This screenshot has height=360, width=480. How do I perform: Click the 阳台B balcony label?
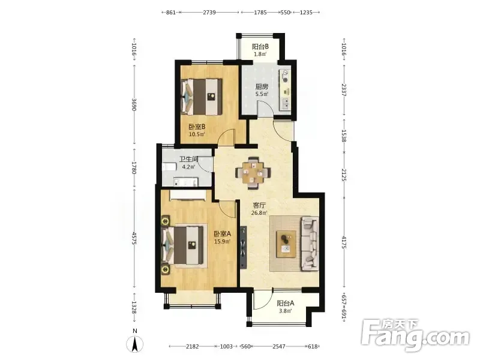pos(260,47)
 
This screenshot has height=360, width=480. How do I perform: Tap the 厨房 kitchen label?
pos(262,86)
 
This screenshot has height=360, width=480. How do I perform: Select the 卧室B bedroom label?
pos(197,127)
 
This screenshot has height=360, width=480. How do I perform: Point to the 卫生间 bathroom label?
pos(188,160)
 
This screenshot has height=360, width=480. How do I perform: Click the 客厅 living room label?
pos(259,205)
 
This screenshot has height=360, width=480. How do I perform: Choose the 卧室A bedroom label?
pos(222,234)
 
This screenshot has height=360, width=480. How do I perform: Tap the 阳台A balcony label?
pos(286,304)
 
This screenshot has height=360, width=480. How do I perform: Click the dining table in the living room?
pos(253,173)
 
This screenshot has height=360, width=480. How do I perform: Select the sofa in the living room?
pos(310,244)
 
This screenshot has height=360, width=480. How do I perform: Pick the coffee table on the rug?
pos(286,244)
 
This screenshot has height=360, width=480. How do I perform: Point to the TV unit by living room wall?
pos(244,247)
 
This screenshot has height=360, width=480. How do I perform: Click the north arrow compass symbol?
pos(134,343)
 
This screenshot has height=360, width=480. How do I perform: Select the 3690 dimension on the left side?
pos(134,104)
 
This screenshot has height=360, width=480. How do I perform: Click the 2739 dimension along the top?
pos(209,12)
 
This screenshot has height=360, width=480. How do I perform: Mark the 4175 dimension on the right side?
pos(344,242)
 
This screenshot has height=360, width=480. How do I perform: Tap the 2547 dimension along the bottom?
pos(279,346)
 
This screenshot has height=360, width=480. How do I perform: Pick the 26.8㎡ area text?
pos(259,213)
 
